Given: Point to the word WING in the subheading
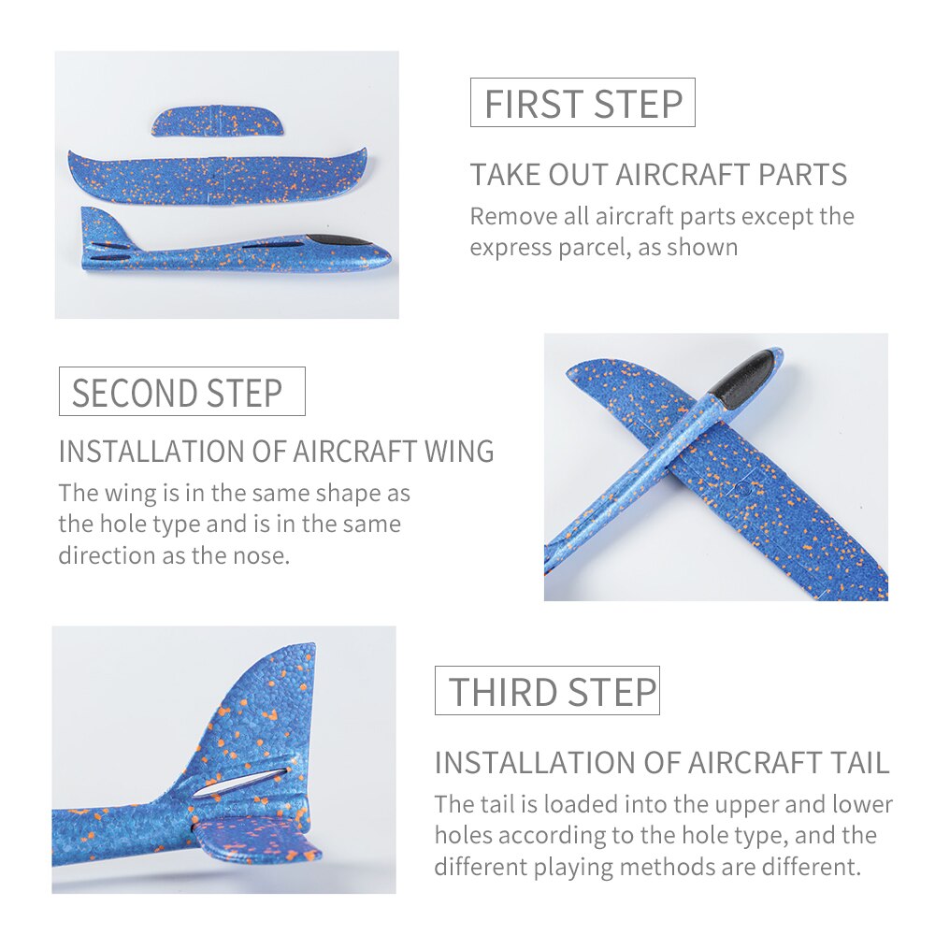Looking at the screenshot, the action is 458,452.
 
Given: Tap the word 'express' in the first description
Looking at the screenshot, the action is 510,248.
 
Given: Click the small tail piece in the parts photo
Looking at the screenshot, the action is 217,121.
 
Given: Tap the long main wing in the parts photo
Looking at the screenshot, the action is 217,177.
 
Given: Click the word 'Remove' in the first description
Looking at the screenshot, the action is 512,216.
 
